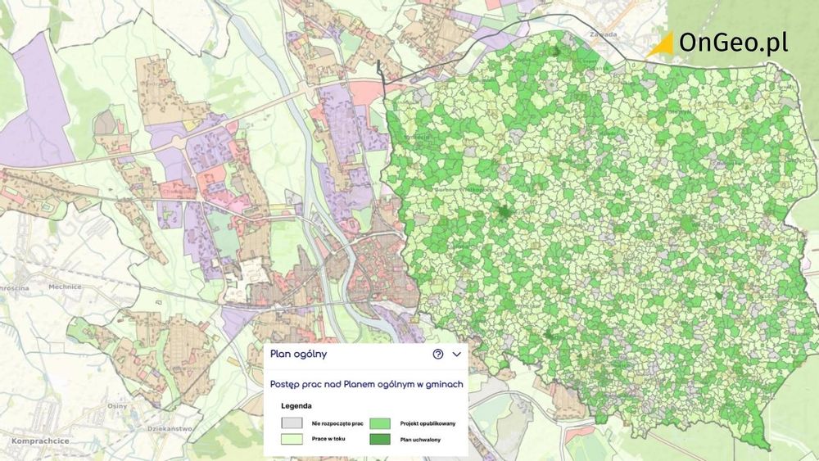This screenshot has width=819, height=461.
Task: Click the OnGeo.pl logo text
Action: pos(734,43)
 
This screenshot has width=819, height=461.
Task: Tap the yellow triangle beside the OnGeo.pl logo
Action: pos(660,45)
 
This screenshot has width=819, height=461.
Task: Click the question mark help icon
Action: pos(438,355)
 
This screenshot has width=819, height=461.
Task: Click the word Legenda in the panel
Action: pos(296,405)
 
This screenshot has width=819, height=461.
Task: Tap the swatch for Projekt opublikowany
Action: pos(380,423)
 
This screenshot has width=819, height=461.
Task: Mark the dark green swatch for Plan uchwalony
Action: pos(380,440)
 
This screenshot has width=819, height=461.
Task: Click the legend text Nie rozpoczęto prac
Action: pos(337,424)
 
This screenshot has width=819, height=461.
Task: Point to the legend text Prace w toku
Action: pos(328,441)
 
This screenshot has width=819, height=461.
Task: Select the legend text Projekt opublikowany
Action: pos(428,424)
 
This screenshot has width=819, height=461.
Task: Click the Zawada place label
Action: pos(601,35)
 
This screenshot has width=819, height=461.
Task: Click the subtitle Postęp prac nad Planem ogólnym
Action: pos(367,383)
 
